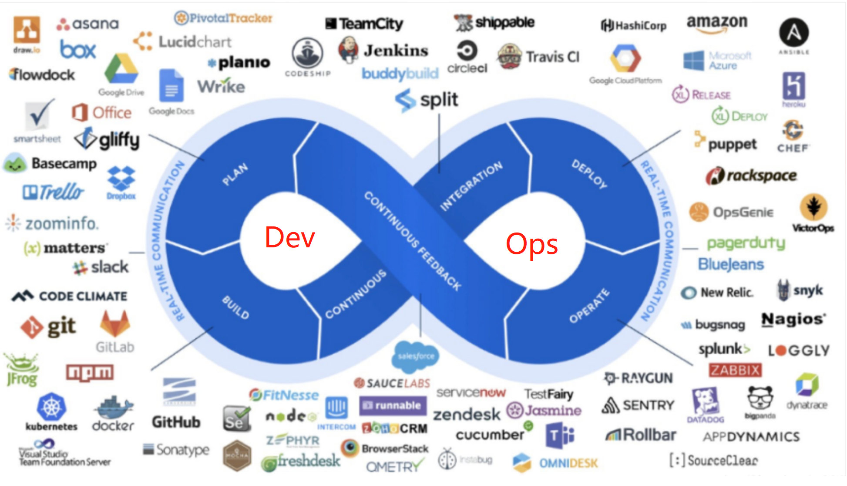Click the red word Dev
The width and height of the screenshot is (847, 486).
coord(289,238)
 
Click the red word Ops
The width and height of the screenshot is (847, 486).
coord(531,244)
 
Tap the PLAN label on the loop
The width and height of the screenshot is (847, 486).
coord(235,174)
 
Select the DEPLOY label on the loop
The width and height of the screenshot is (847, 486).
coord(589,174)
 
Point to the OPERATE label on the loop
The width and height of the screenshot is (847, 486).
coord(589,306)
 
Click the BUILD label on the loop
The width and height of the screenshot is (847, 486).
coord(236,307)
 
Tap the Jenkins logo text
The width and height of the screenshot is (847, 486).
coord(396,51)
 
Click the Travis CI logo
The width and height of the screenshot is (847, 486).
coord(538,57)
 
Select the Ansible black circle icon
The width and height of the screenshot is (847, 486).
coord(793,32)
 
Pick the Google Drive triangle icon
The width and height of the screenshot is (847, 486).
coord(121,69)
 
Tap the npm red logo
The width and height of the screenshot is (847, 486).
coord(90,372)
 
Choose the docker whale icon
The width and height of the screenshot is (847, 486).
coord(113,408)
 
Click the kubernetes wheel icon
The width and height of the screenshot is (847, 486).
coord(51,407)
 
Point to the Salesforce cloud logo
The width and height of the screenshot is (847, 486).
coord(416,356)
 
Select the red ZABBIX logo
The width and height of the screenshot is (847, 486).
coord(735,370)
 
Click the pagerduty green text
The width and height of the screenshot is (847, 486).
coord(746,243)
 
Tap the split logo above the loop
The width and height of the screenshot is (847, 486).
coord(427,100)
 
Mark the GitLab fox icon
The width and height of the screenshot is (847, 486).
coord(115,324)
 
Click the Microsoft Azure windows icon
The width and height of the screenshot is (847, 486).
coord(693,61)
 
